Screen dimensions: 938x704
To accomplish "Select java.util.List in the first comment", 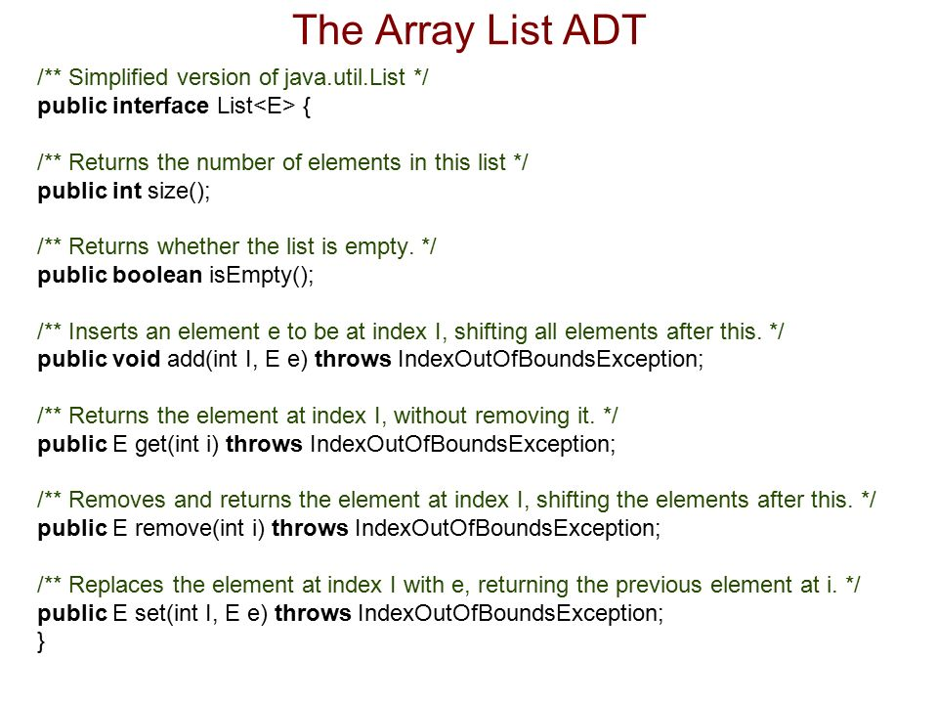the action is coord(345,78).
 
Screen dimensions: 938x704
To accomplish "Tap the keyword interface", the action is coord(160,106).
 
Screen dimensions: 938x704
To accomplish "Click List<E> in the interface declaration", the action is coord(256,106).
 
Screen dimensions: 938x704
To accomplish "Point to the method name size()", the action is coord(179,191).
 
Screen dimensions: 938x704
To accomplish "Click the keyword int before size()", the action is coord(127,191).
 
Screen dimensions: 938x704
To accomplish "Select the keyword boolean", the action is coord(157,275).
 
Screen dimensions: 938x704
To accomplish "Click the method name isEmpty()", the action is coord(262,276).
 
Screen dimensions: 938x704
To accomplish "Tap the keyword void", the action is coord(137,359).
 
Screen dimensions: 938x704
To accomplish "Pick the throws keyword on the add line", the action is coord(353,359).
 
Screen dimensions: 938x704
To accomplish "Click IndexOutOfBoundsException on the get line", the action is coord(462,444).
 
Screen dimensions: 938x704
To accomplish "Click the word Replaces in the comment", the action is coord(116,586).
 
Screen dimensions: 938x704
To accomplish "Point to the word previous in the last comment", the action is coord(658,586).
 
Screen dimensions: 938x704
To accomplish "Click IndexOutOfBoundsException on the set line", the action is coord(510,614).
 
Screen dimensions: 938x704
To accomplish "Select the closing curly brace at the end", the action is coord(41,641).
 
